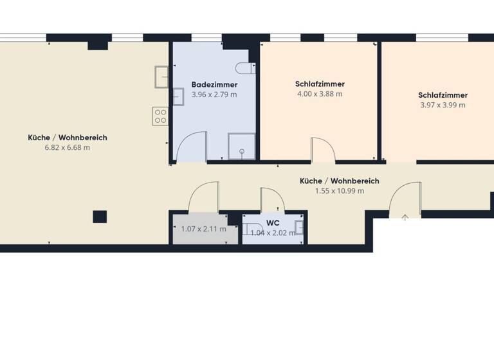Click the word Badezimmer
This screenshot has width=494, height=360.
pos(214,85)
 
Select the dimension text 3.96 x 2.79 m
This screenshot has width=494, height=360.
pos(214,94)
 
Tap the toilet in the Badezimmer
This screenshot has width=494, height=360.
pos(242,67)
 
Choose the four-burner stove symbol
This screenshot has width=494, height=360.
pos(160,116)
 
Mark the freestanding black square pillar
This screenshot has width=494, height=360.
pos(100,217)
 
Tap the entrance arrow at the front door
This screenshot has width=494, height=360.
pos(405,217)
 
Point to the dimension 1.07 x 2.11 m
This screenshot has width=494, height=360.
pos(204,229)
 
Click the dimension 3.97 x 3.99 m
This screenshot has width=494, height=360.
pos(442,105)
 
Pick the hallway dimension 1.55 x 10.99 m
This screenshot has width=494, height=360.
pos(339,191)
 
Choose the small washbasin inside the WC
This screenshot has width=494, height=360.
pos(298,226)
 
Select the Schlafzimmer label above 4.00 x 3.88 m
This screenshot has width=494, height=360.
pos(320,84)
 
